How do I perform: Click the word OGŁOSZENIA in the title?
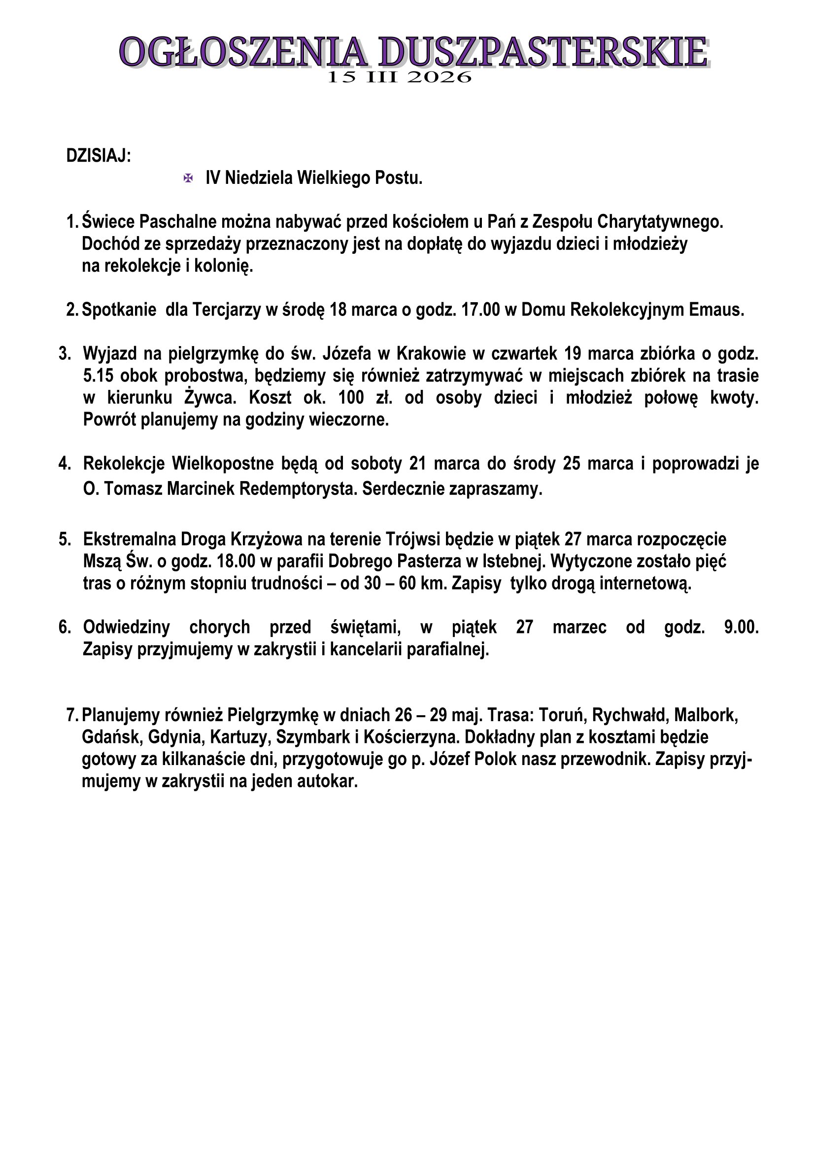[x=243, y=52]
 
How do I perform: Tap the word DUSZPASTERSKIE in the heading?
[x=543, y=52]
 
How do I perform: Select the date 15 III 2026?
[x=400, y=77]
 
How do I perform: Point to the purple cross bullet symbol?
[x=188, y=178]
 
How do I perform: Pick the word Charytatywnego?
[x=660, y=221]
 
